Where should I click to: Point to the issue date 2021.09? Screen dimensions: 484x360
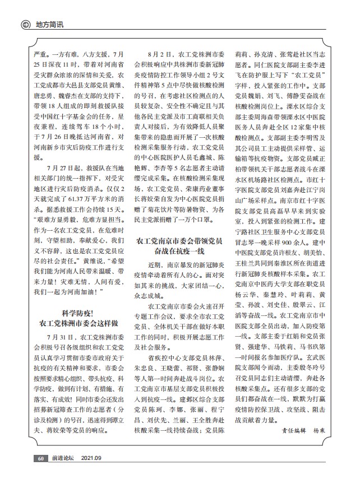(x=92, y=458)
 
